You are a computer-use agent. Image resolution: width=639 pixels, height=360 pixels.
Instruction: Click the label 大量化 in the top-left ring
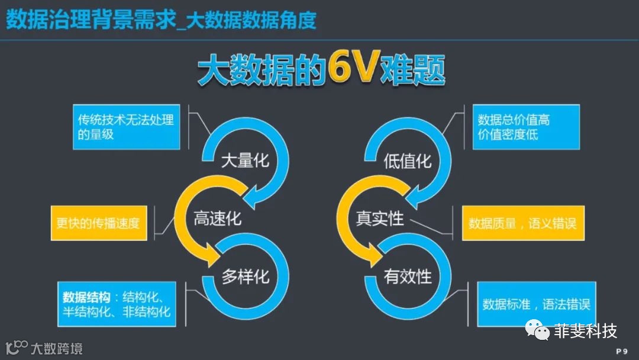[245, 161]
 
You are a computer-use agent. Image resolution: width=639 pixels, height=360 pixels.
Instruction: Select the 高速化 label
[218, 218]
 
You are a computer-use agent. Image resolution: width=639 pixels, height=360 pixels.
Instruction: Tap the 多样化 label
[246, 276]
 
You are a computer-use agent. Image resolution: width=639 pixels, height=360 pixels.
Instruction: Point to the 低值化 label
[408, 161]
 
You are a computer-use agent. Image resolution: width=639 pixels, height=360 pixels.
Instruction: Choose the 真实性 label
[380, 218]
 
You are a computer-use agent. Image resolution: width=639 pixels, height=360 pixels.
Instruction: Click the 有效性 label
[408, 276]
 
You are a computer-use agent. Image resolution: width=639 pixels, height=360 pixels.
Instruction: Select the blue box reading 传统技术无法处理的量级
[126, 127]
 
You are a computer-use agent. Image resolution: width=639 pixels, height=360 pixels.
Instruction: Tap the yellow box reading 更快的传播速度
[98, 223]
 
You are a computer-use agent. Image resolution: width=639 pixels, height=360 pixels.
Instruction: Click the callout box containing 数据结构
[118, 304]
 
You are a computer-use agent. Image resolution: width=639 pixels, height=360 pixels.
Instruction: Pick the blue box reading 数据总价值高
[526, 127]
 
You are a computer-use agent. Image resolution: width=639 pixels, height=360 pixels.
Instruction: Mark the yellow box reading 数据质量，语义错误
[523, 223]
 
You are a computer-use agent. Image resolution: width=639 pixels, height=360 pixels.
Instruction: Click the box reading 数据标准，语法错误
[536, 304]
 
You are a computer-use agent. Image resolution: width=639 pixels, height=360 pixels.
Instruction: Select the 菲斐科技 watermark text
[585, 330]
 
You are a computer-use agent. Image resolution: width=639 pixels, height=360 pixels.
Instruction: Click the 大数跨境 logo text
[57, 348]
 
